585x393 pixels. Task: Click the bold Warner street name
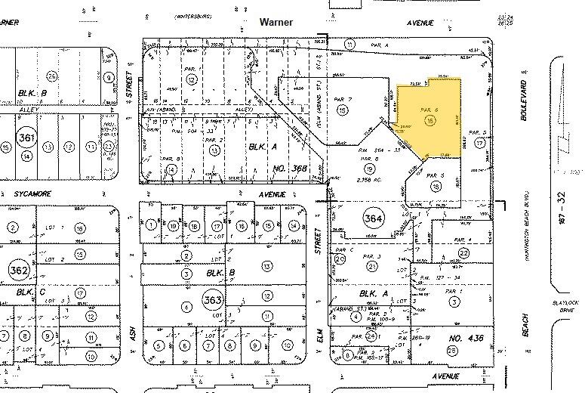(276, 23)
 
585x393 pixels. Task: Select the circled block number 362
(18, 269)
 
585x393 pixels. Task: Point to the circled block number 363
(212, 300)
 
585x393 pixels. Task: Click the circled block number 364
(372, 217)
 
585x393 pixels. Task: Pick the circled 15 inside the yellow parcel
(430, 120)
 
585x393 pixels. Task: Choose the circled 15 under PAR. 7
(343, 110)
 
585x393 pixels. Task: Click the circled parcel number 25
(452, 350)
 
